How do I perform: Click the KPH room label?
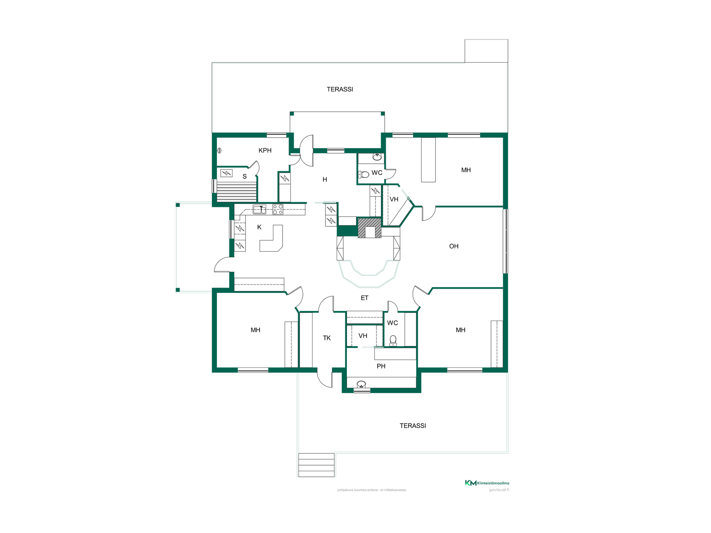pos(265,150)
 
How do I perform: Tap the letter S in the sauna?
pos(244,177)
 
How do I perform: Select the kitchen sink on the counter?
pos(260,209)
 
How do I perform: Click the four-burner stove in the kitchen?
pos(278,209)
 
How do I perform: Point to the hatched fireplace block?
pos(369,228)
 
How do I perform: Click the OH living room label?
pos(454,246)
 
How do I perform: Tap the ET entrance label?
pos(364,298)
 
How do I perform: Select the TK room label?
pos(327,338)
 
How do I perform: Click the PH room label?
pos(381,366)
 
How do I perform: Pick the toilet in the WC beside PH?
pos(393,341)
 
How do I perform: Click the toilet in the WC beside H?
pos(364,174)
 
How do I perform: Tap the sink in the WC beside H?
pos(377,157)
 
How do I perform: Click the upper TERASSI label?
pos(340,89)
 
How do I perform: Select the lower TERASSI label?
pos(413,426)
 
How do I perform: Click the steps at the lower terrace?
pos(317,465)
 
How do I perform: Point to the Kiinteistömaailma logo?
pos(487,483)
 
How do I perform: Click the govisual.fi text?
pos(499,490)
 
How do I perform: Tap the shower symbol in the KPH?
pos(219,150)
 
